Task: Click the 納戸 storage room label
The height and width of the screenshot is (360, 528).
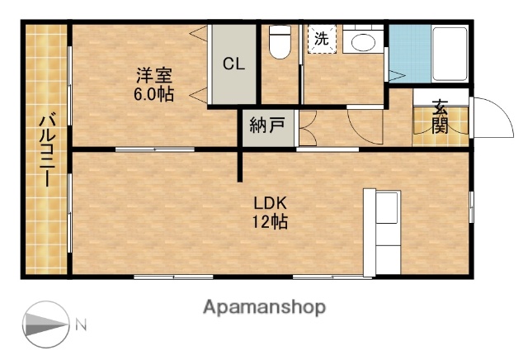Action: (x=267, y=127)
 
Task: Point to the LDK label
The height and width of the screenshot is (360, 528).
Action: (x=269, y=202)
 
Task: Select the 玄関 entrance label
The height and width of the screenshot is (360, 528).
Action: (x=441, y=116)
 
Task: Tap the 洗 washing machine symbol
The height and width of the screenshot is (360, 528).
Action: (x=322, y=39)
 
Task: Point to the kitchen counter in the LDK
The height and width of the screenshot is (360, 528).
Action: (x=383, y=232)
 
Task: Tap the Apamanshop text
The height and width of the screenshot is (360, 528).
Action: (x=264, y=307)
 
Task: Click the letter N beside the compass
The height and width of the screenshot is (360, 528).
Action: (x=82, y=324)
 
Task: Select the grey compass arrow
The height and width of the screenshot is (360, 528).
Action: (x=46, y=324)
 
